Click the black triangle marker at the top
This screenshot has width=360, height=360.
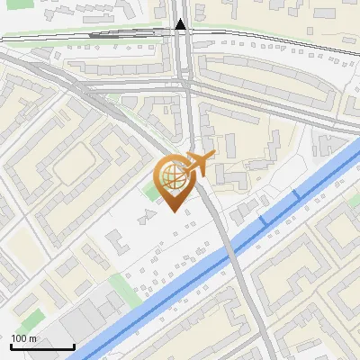click(x=182, y=24)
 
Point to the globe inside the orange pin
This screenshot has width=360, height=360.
click(x=174, y=175)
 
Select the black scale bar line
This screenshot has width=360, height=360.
click(x=41, y=346)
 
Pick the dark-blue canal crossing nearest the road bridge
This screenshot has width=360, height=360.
click(x=264, y=220)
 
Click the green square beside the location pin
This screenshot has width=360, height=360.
click(x=150, y=192)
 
